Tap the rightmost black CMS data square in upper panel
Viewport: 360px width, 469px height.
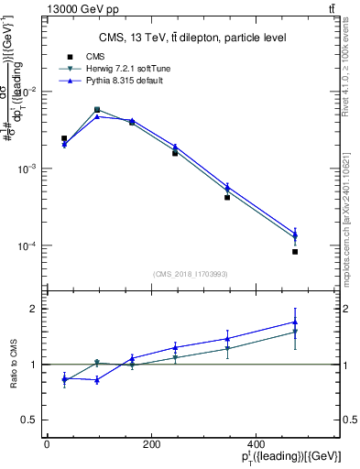(295, 251)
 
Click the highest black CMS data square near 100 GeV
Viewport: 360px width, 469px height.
(97, 110)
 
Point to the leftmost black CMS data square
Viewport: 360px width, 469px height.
(64, 138)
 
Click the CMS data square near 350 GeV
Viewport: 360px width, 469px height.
(227, 197)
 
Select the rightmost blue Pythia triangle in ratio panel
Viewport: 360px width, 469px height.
(295, 322)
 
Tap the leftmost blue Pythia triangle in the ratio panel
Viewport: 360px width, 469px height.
(64, 377)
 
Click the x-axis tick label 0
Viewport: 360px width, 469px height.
(47, 444)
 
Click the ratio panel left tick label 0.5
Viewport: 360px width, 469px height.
(30, 420)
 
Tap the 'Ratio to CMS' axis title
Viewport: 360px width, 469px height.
(13, 364)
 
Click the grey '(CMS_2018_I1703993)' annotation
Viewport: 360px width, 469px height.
(191, 273)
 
